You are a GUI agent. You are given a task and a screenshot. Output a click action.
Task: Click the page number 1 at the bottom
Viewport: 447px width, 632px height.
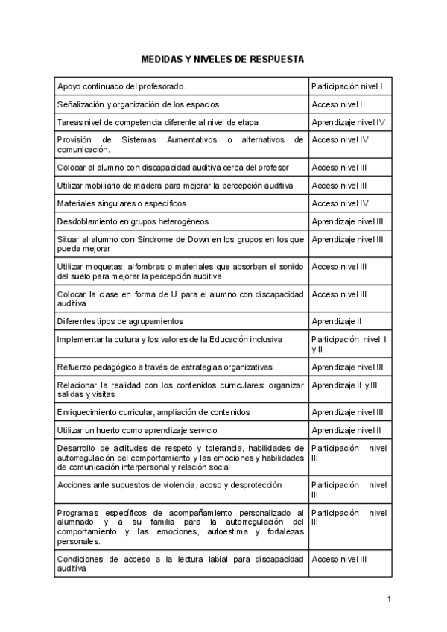point(389,599)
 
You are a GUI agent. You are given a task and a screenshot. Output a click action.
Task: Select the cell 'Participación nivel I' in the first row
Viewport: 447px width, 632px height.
point(347,86)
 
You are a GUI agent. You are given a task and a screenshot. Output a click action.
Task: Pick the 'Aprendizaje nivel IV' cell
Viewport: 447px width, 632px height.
point(348,122)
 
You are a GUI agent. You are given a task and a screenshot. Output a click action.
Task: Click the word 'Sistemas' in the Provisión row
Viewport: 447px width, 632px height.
point(140,139)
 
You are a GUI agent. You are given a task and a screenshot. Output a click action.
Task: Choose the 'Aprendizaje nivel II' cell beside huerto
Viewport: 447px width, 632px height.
point(346,430)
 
